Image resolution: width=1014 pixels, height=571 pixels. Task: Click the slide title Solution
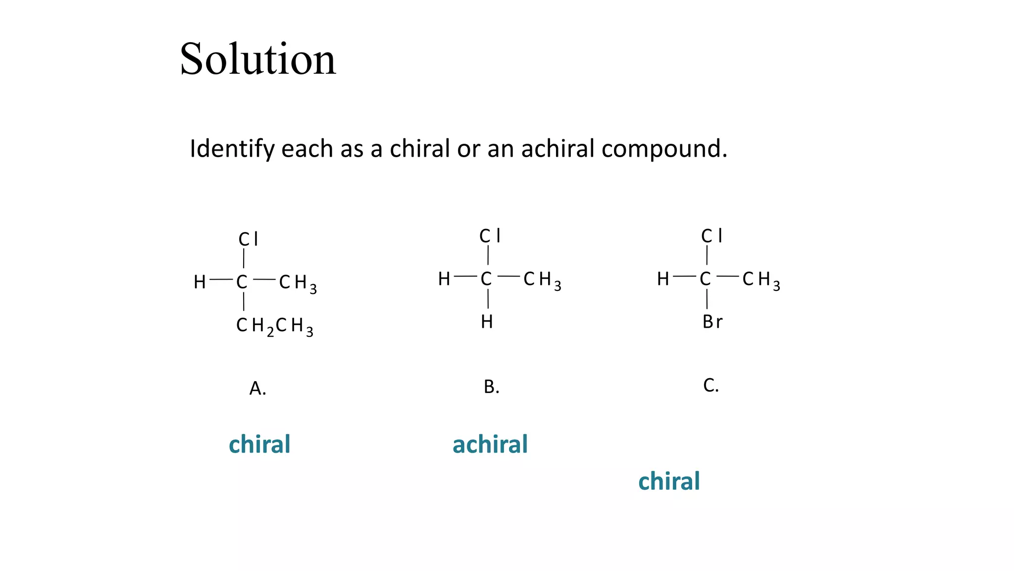tap(257, 59)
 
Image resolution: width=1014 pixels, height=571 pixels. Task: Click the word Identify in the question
tap(232, 149)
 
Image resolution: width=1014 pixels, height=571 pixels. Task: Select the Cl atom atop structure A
tap(248, 239)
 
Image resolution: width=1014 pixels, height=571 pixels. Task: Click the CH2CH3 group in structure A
tap(275, 326)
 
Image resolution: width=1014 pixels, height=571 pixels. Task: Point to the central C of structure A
tap(242, 282)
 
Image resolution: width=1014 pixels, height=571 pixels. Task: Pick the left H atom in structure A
tap(200, 282)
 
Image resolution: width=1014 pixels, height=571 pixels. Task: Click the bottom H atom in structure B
tap(487, 322)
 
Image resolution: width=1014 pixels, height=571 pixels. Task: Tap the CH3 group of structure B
tap(542, 280)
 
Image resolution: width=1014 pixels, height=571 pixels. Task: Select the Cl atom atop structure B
tap(490, 236)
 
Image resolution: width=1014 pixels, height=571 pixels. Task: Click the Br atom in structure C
tap(712, 322)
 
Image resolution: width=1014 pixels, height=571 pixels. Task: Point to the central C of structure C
tap(705, 279)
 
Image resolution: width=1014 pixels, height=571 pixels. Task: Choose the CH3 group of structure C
tap(761, 280)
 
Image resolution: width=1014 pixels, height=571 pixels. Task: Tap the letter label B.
tap(491, 387)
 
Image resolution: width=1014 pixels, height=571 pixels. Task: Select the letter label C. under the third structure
tap(710, 385)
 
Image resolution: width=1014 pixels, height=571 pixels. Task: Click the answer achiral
tap(490, 444)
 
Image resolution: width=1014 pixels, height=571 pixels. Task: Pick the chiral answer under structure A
tap(259, 444)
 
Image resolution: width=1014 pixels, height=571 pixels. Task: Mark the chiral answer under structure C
tap(669, 481)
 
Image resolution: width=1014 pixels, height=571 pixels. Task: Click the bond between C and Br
tap(707, 300)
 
